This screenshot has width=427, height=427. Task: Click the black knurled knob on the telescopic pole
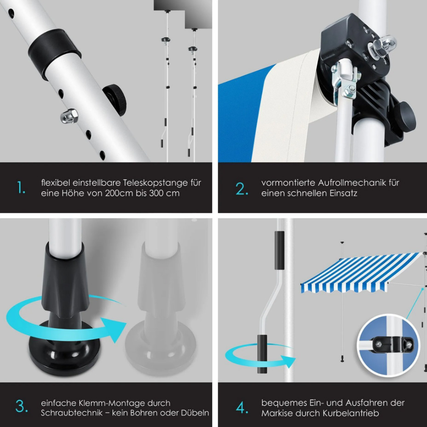[x=115, y=99]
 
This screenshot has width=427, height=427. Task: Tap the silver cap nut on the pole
[x=69, y=116]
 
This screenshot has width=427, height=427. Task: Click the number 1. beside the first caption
[x=21, y=188]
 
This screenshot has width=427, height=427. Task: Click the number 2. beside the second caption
[x=242, y=189]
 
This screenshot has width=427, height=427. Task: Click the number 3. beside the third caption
[x=22, y=406]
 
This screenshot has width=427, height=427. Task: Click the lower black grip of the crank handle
[x=262, y=354]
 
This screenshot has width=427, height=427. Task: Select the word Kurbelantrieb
[x=351, y=413]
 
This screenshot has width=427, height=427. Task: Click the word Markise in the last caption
[x=277, y=413]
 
